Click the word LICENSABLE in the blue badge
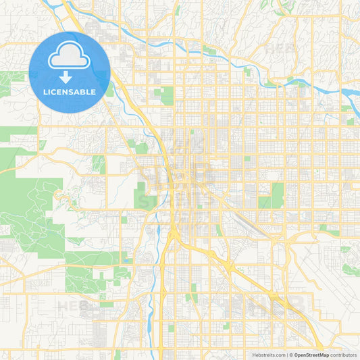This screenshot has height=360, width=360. (x=70, y=91)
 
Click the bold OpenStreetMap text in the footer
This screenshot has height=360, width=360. (x=311, y=355)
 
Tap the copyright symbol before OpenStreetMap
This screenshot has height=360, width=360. (x=291, y=355)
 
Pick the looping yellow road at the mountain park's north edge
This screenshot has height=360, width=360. (x=60, y=195)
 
